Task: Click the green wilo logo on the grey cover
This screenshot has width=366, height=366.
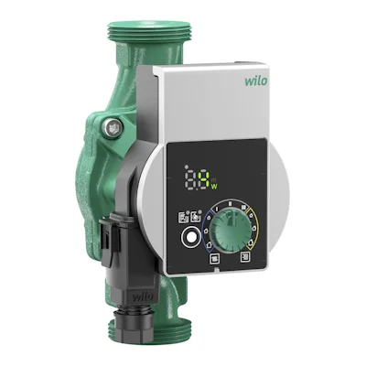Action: [x=256, y=81]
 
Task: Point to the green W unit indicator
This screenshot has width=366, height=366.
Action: [x=214, y=187]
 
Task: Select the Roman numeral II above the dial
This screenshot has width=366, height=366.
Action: [x=231, y=203]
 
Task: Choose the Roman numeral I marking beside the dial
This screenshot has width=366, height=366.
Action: [x=217, y=209]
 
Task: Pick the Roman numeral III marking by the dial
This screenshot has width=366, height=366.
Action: [x=244, y=207]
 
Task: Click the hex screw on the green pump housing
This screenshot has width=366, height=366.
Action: [x=112, y=127]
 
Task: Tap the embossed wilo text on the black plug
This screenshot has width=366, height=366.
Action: [x=143, y=296]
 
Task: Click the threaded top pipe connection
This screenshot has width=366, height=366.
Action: [x=151, y=31]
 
